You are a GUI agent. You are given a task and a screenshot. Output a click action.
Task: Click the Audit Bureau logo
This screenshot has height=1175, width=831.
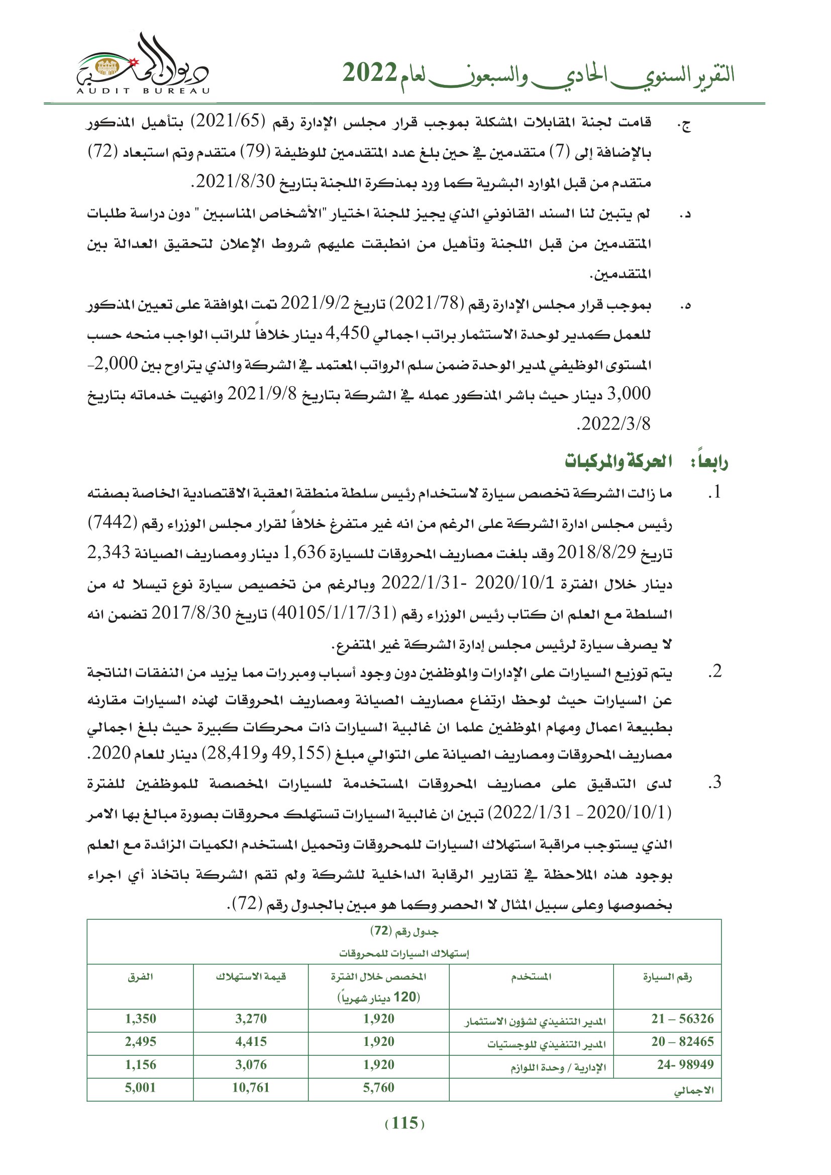pos(143,66)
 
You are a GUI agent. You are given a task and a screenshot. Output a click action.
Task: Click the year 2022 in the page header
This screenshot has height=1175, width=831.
pos(369,73)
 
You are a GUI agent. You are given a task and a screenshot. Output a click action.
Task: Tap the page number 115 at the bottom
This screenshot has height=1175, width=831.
pos(404,1123)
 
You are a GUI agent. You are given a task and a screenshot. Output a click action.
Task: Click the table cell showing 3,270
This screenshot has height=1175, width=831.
pos(251,1018)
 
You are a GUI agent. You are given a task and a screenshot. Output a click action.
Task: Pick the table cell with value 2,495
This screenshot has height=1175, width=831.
pos(140,1041)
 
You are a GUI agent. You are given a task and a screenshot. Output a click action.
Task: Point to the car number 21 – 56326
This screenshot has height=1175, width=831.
pos(682,1018)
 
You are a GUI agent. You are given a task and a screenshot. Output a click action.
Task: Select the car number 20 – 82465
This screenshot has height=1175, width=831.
pos(682,1041)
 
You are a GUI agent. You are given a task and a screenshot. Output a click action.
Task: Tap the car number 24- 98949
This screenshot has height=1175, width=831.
pos(685,1064)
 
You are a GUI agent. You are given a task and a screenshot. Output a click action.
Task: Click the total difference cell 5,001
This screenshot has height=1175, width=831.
pos(140,1088)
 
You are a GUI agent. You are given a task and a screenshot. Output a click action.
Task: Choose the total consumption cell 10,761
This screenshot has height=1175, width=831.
pos(251,1088)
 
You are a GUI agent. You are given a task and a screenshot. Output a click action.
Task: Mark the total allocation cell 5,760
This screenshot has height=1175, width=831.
pos(379,1088)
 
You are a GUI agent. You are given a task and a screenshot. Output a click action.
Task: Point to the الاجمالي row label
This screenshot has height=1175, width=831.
pos(693,1089)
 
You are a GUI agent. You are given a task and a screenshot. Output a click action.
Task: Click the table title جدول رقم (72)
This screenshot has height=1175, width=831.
pos(404,931)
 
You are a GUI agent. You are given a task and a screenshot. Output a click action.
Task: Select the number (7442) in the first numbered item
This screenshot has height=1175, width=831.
pos(112,523)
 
